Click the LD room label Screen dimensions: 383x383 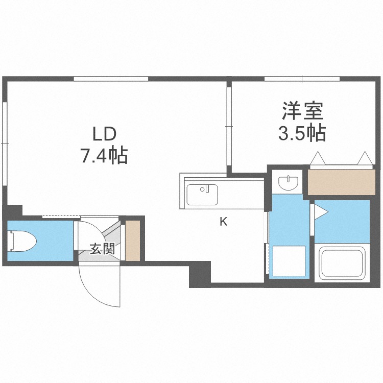tap(104, 134)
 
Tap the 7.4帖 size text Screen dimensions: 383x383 tap(104, 156)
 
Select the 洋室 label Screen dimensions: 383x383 tap(303, 111)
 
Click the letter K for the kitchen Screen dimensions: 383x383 tap(223, 222)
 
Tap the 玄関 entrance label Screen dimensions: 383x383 tap(102, 249)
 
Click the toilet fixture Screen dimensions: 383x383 tap(22, 241)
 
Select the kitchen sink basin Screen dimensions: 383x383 tap(202, 195)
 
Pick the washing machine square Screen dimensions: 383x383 tap(289, 261)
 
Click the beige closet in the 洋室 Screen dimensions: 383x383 tap(341, 182)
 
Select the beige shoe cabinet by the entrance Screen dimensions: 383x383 tap(133, 241)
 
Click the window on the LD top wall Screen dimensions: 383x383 tap(111, 79)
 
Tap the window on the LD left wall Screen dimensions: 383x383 tap(5, 143)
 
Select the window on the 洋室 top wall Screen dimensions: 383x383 tap(302, 79)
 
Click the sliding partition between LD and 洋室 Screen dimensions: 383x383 tap(229, 126)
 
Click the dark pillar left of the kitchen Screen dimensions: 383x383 tap(200, 274)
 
